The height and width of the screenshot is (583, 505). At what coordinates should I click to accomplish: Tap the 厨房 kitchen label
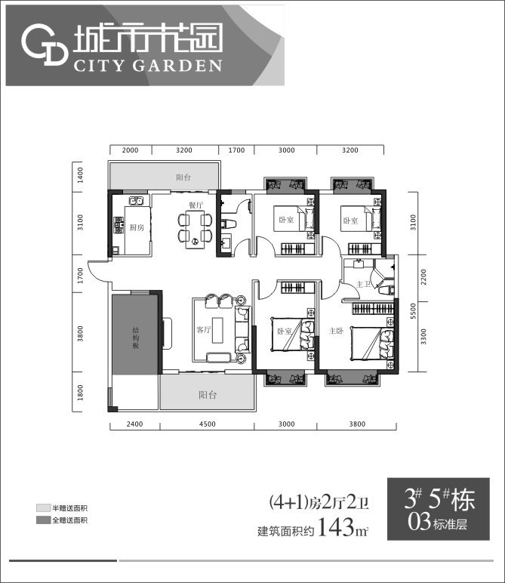pyautogui.click(x=136, y=227)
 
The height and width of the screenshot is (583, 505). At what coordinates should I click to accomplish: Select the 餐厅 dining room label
pyautogui.click(x=196, y=205)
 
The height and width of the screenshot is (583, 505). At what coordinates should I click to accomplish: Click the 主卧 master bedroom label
pyautogui.click(x=337, y=331)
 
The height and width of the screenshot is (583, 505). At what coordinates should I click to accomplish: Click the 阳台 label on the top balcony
pyautogui.click(x=183, y=177)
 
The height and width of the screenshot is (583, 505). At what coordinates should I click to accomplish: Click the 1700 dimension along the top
pyautogui.click(x=236, y=150)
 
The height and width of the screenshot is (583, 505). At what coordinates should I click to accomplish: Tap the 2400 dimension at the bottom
pyautogui.click(x=134, y=425)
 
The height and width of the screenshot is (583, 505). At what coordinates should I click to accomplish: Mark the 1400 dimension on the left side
pyautogui.click(x=79, y=177)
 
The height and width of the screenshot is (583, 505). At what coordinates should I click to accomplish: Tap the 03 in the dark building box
pyautogui.click(x=418, y=520)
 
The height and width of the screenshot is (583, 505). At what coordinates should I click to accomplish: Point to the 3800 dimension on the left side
pyautogui.click(x=79, y=332)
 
